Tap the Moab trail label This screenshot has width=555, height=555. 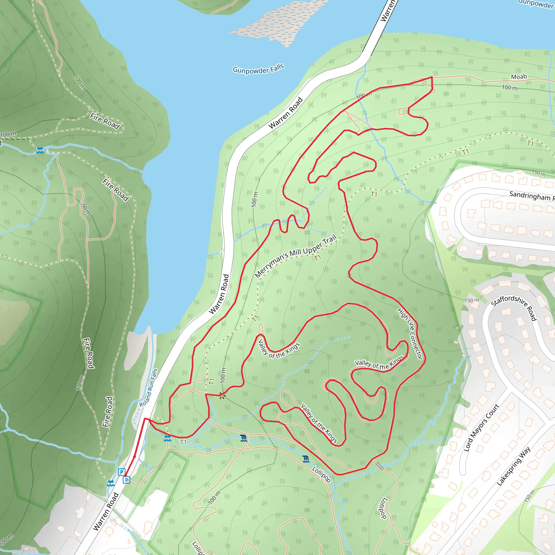pyautogui.click(x=519, y=77)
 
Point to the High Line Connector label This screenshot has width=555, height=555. pyautogui.click(x=410, y=333)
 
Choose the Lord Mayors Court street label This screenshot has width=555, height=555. pyautogui.click(x=482, y=427)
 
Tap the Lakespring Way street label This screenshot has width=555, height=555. pyautogui.click(x=514, y=466)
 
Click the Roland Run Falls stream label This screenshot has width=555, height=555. pyautogui.click(x=149, y=388)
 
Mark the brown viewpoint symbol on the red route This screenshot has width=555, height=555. pyautogui.click(x=222, y=396)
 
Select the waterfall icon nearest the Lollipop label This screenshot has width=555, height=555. pyautogui.click(x=306, y=459)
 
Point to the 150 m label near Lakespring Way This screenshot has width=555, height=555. pyautogui.click(x=529, y=496)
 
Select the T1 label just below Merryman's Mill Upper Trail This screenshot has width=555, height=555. pyautogui.click(x=317, y=258)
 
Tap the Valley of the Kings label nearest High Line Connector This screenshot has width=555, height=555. pyautogui.click(x=379, y=364)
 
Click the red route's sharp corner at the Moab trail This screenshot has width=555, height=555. pyautogui.click(x=432, y=77)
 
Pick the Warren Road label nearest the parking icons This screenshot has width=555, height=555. pyautogui.click(x=106, y=511)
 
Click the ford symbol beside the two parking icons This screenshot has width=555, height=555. pyautogui.click(x=111, y=483)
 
